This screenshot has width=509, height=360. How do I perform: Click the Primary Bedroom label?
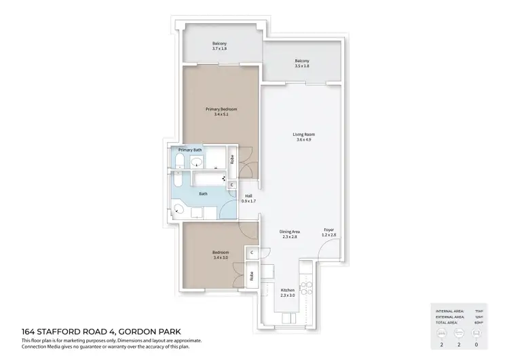coord(221,109)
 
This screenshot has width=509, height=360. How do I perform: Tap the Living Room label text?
coord(303,134)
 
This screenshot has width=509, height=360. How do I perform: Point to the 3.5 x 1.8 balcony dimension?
coord(302,66)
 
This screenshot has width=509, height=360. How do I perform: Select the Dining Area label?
coord(290,232)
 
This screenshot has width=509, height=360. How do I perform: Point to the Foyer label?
coord(328,229)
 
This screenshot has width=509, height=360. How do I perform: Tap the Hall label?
coord(248,196)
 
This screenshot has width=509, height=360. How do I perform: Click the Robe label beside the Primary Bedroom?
coord(232,160)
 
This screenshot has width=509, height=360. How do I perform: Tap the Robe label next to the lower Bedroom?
coord(251,276)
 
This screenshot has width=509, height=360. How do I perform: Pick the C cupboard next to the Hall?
coord(232,184)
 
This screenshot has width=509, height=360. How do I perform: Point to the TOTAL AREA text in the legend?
coord(449,323)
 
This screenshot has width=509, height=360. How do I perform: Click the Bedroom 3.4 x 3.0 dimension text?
coord(221,257)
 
